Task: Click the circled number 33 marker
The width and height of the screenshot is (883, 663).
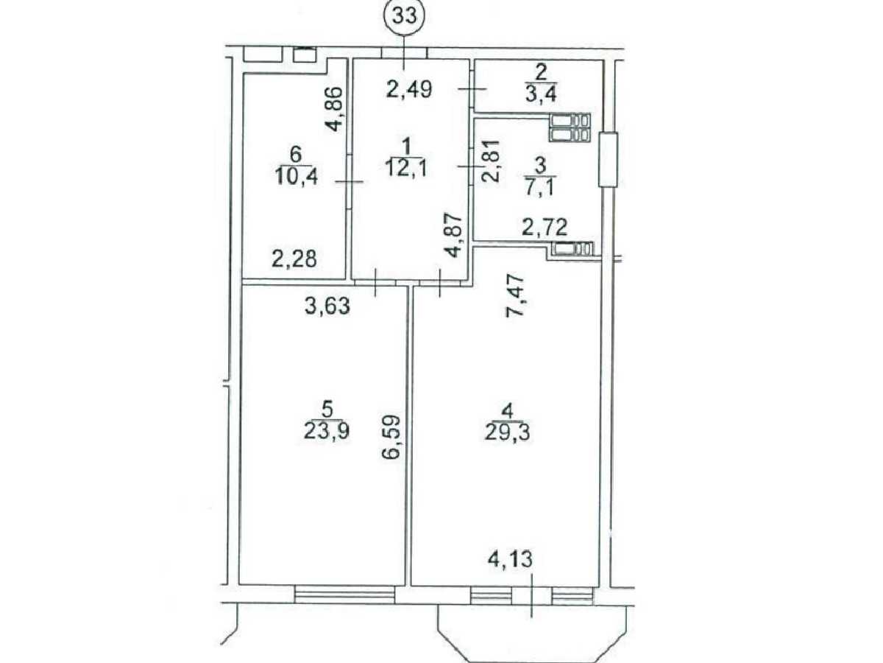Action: (x=403, y=17)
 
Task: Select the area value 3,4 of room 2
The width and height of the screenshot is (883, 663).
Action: (x=541, y=95)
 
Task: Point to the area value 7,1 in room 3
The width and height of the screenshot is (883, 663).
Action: (x=539, y=187)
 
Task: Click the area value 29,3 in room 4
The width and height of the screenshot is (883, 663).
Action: (x=507, y=434)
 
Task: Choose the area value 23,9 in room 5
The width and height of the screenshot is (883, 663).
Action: (x=327, y=432)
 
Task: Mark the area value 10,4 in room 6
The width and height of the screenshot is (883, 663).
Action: (x=297, y=175)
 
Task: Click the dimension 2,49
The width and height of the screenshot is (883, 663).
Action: (x=409, y=89)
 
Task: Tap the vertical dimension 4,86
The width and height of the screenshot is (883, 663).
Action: (x=334, y=109)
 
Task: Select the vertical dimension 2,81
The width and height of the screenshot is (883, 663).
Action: (x=491, y=161)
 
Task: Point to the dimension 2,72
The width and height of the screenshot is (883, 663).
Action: (x=545, y=227)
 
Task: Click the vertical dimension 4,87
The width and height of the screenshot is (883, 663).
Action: (x=455, y=236)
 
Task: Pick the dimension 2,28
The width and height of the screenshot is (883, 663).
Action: (x=294, y=259)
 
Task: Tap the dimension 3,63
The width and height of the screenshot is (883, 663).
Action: (x=327, y=306)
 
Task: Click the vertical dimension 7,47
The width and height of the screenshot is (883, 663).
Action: (x=514, y=296)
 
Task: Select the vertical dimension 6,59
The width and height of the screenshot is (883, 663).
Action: (x=391, y=437)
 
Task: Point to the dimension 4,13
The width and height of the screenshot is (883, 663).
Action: (x=510, y=559)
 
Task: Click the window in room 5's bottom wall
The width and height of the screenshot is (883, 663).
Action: (x=344, y=594)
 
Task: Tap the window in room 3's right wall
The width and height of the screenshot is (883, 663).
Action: (x=608, y=160)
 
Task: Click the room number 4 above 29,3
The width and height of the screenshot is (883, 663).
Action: (x=508, y=411)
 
